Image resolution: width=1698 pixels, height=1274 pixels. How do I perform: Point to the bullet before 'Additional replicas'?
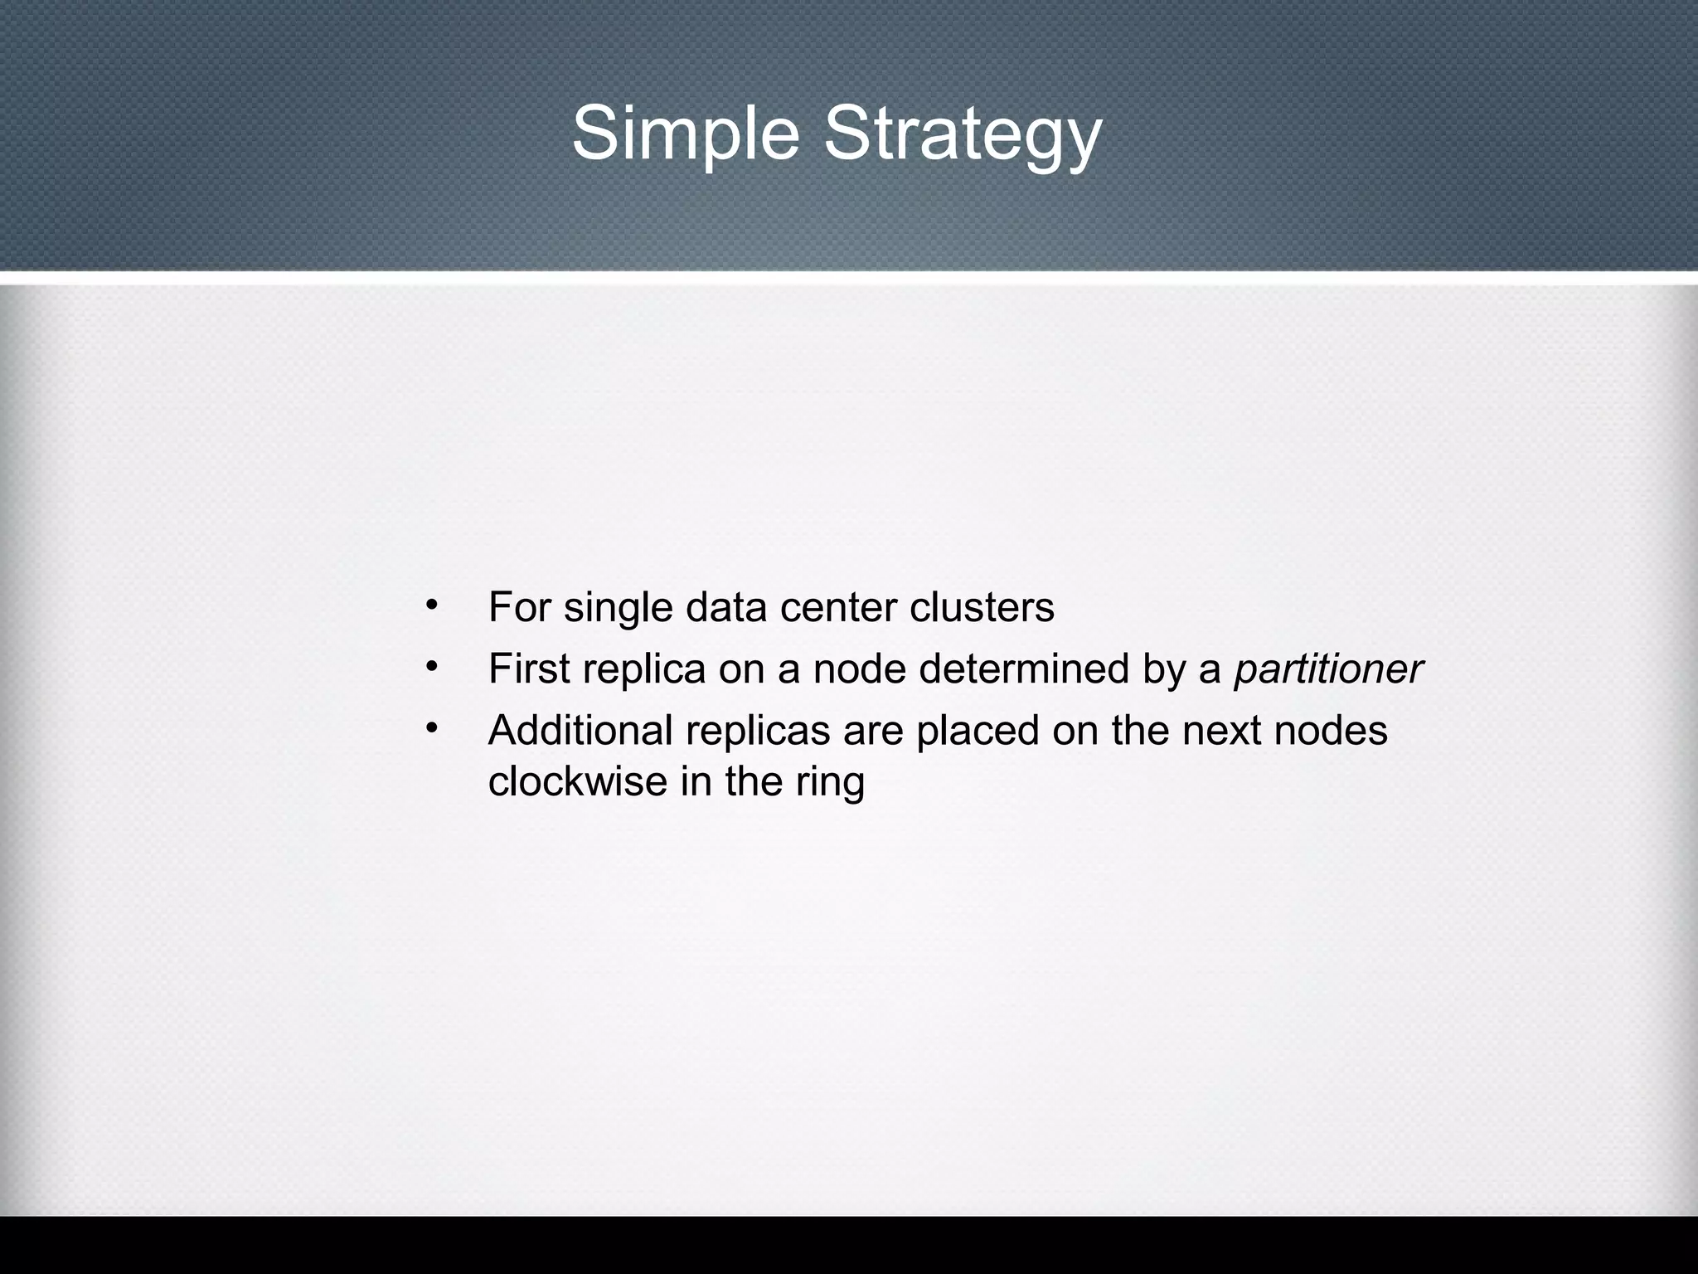[x=430, y=727]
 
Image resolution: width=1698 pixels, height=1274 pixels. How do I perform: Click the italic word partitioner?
[x=1328, y=669]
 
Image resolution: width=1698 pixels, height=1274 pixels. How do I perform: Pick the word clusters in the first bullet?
[x=982, y=607]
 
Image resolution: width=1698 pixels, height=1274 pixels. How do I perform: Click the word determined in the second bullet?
[x=1024, y=669]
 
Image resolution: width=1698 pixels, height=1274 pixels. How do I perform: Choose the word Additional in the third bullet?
[x=580, y=731]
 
